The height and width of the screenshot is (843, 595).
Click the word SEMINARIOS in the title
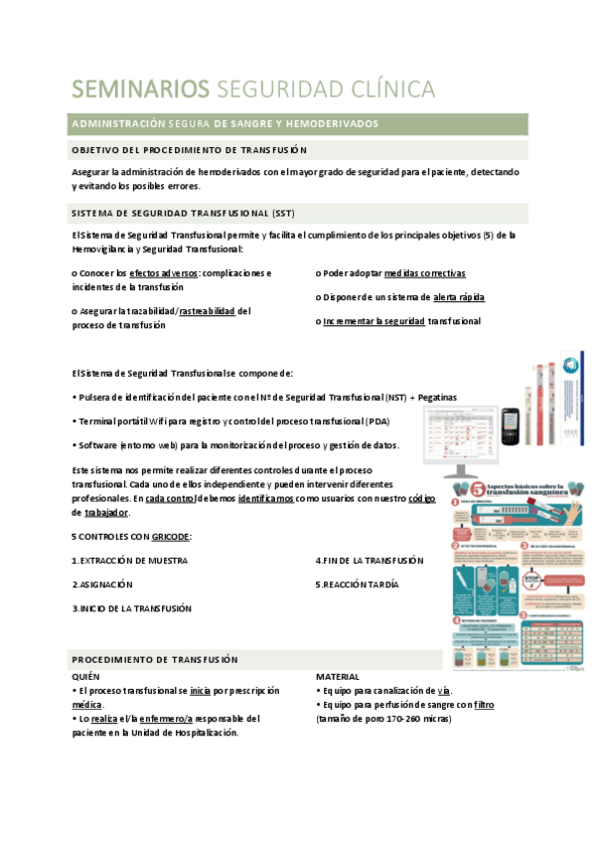pyautogui.click(x=139, y=88)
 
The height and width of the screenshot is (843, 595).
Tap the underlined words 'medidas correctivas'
pyautogui.click(x=424, y=272)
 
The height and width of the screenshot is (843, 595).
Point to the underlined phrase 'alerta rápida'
pyautogui.click(x=459, y=296)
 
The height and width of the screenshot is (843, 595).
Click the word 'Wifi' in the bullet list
pyautogui.click(x=158, y=421)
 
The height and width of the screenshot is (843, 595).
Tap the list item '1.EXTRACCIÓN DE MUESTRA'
pyautogui.click(x=129, y=561)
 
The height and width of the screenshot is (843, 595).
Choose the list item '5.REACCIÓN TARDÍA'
pyautogui.click(x=357, y=585)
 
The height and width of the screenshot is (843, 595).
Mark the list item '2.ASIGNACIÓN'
pyautogui.click(x=102, y=585)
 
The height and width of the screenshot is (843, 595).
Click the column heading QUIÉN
pyautogui.click(x=86, y=676)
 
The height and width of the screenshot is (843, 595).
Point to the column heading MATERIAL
pyautogui.click(x=337, y=676)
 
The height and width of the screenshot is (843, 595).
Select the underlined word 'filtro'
pyautogui.click(x=484, y=704)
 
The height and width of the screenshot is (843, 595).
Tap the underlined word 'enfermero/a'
pyautogui.click(x=177, y=718)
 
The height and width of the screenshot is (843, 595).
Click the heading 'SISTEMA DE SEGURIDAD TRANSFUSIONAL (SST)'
pyautogui.click(x=182, y=214)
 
